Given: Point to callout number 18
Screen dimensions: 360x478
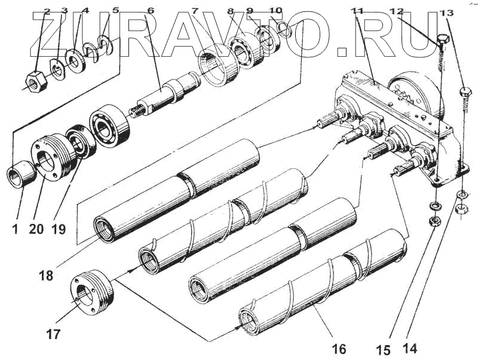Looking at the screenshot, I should (46, 276).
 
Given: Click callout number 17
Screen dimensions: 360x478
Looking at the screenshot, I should (53, 335).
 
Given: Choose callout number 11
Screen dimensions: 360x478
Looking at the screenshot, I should (358, 11).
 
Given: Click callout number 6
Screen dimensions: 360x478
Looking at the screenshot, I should (150, 11).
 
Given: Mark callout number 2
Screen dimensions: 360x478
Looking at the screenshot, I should (47, 11).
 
